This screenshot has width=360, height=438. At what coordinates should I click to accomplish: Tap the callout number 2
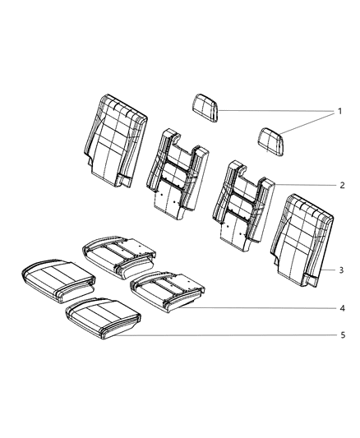pos(340,186)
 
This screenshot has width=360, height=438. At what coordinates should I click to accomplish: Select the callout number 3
pos(340,270)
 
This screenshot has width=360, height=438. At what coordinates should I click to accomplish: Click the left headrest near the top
pos(205,108)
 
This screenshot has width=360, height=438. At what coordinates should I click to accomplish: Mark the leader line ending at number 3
pos(326,270)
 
